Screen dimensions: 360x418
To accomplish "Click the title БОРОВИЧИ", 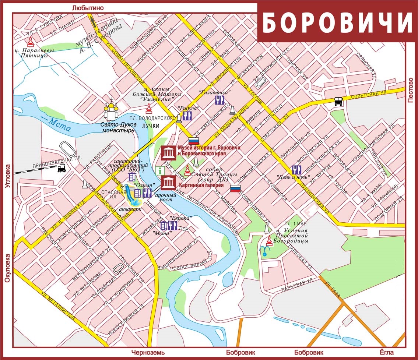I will (337, 23).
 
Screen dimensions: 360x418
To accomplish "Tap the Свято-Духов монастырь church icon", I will (110, 111).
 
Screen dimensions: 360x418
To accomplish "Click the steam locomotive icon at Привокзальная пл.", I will (62, 169).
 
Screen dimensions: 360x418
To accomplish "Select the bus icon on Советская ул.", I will (338, 101).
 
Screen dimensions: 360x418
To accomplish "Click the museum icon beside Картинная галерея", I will (168, 183).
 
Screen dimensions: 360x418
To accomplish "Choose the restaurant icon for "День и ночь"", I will (297, 170).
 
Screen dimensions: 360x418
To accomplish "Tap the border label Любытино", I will (88, 7).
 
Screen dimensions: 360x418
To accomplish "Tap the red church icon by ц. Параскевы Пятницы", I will (31, 41).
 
